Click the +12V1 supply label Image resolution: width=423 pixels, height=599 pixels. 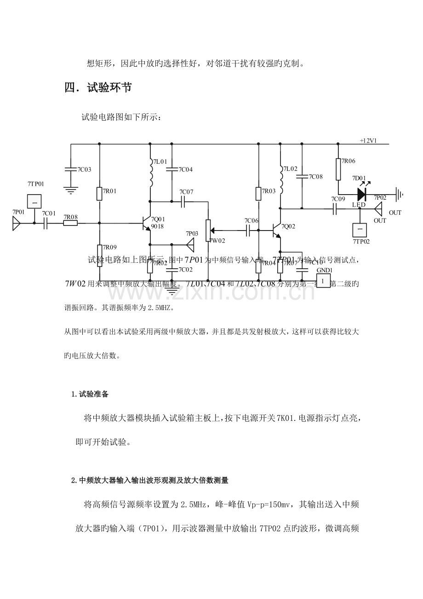point(368,140)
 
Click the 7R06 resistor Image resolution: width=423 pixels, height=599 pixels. point(338,169)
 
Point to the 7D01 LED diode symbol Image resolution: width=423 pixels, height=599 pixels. point(361,193)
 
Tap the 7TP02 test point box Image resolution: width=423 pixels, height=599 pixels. point(360,229)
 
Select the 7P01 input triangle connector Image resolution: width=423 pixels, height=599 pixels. point(16,224)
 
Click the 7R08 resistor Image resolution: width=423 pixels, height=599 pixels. point(70,224)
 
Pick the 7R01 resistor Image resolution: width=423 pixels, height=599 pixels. point(99,194)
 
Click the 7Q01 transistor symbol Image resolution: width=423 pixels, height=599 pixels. point(146,224)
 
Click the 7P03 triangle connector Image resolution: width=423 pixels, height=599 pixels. point(190,244)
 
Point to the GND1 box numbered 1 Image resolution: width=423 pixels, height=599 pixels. point(323,281)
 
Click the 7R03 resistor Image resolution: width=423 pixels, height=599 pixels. point(258,194)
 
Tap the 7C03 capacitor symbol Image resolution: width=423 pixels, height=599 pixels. point(71,169)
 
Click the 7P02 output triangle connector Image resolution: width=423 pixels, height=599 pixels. point(378,209)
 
